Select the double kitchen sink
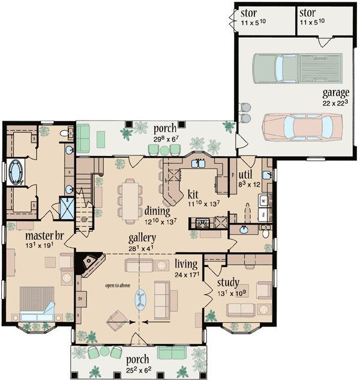[197, 162]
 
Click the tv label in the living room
[79, 296]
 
